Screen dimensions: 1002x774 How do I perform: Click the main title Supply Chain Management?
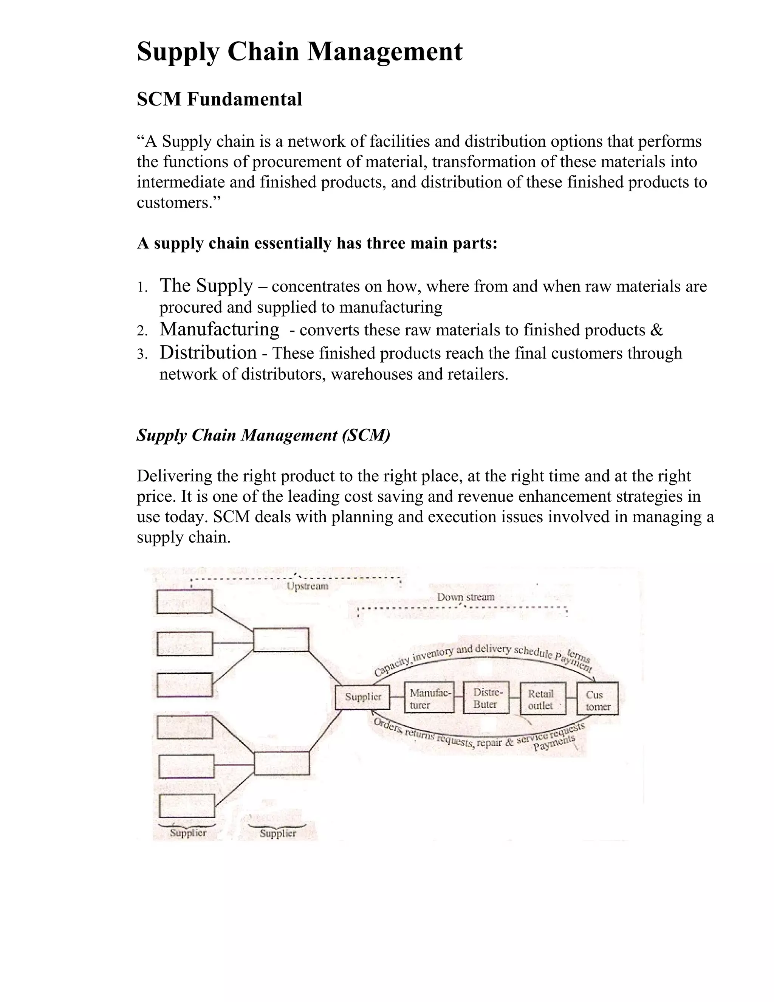299,51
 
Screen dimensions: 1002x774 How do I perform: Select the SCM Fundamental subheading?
219,99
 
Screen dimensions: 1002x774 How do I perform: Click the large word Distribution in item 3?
208,352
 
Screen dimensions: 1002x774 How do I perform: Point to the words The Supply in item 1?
206,285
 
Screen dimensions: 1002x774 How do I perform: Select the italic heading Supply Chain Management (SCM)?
263,434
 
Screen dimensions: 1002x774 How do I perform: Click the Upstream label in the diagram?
307,586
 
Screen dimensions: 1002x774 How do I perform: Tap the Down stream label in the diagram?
465,597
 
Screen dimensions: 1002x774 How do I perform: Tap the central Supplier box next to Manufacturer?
362,697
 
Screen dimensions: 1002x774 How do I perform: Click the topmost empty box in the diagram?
184,602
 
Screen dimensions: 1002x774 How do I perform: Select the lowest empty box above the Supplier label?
187,806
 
